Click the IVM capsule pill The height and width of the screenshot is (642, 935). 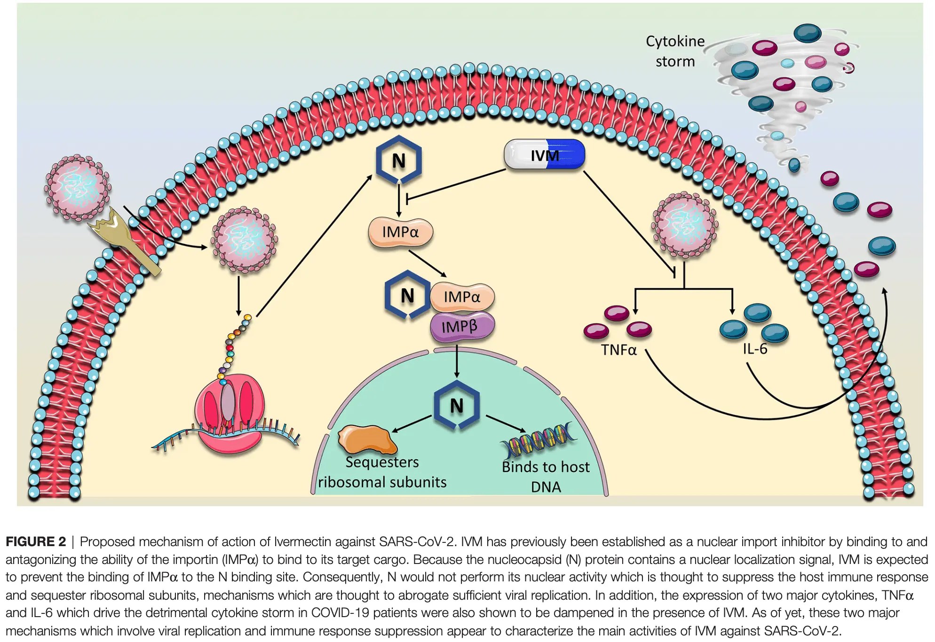(544, 155)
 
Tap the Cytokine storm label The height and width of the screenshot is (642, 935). (675, 51)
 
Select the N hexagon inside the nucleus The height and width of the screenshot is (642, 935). (456, 406)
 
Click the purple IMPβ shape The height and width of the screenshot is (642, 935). (462, 326)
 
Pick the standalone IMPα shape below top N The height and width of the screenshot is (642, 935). (400, 232)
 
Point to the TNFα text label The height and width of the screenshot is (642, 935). (618, 350)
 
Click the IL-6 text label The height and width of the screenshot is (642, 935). (755, 349)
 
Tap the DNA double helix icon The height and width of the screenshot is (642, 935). (539, 439)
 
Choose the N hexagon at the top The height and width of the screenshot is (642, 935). (398, 160)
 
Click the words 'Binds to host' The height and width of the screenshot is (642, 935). (546, 467)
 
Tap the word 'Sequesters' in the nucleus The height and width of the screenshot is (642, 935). (382, 462)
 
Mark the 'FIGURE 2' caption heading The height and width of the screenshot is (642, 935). (36, 541)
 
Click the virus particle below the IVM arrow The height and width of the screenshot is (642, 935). (684, 225)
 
